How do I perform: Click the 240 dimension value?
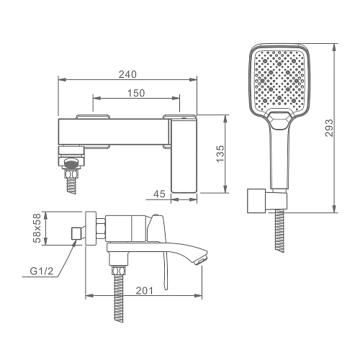(127, 74)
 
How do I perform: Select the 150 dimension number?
(136, 93)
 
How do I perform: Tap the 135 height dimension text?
(220, 154)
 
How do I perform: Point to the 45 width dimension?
(159, 194)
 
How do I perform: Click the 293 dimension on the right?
(329, 128)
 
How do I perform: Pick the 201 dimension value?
(144, 291)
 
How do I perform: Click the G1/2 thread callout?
(41, 271)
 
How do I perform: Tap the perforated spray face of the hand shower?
(280, 78)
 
